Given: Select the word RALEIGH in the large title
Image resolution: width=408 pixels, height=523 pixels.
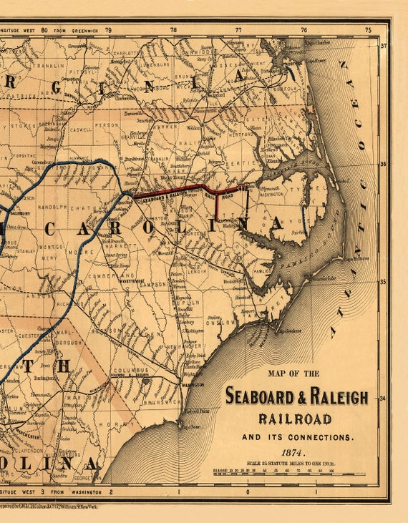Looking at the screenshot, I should point(334,396).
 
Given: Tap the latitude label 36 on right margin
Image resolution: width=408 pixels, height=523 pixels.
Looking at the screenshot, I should point(383,164).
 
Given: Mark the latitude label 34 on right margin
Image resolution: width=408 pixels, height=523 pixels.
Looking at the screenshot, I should point(383,399).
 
